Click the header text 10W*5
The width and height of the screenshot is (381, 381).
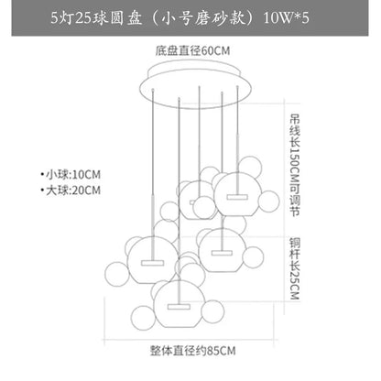286,18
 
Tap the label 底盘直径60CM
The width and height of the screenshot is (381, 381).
192,50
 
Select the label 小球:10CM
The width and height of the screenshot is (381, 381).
71,175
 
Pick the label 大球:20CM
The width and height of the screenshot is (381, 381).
71,190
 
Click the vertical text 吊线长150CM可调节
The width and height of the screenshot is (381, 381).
295,165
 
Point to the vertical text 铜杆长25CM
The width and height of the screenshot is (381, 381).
295,268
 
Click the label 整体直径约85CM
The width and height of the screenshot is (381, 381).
192,351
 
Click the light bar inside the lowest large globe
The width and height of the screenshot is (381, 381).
179,307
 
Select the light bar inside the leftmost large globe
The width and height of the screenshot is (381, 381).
152,263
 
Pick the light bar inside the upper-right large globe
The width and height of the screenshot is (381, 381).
237,197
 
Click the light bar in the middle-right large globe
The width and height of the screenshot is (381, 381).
222,253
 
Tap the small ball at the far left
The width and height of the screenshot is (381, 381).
117,274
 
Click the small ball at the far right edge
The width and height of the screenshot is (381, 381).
268,201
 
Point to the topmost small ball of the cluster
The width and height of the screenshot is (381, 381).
250,167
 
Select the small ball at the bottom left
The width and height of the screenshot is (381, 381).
143,318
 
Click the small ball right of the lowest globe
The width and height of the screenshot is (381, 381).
213,311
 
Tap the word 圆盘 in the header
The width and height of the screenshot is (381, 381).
125,18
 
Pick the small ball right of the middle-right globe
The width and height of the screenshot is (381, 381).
253,257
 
